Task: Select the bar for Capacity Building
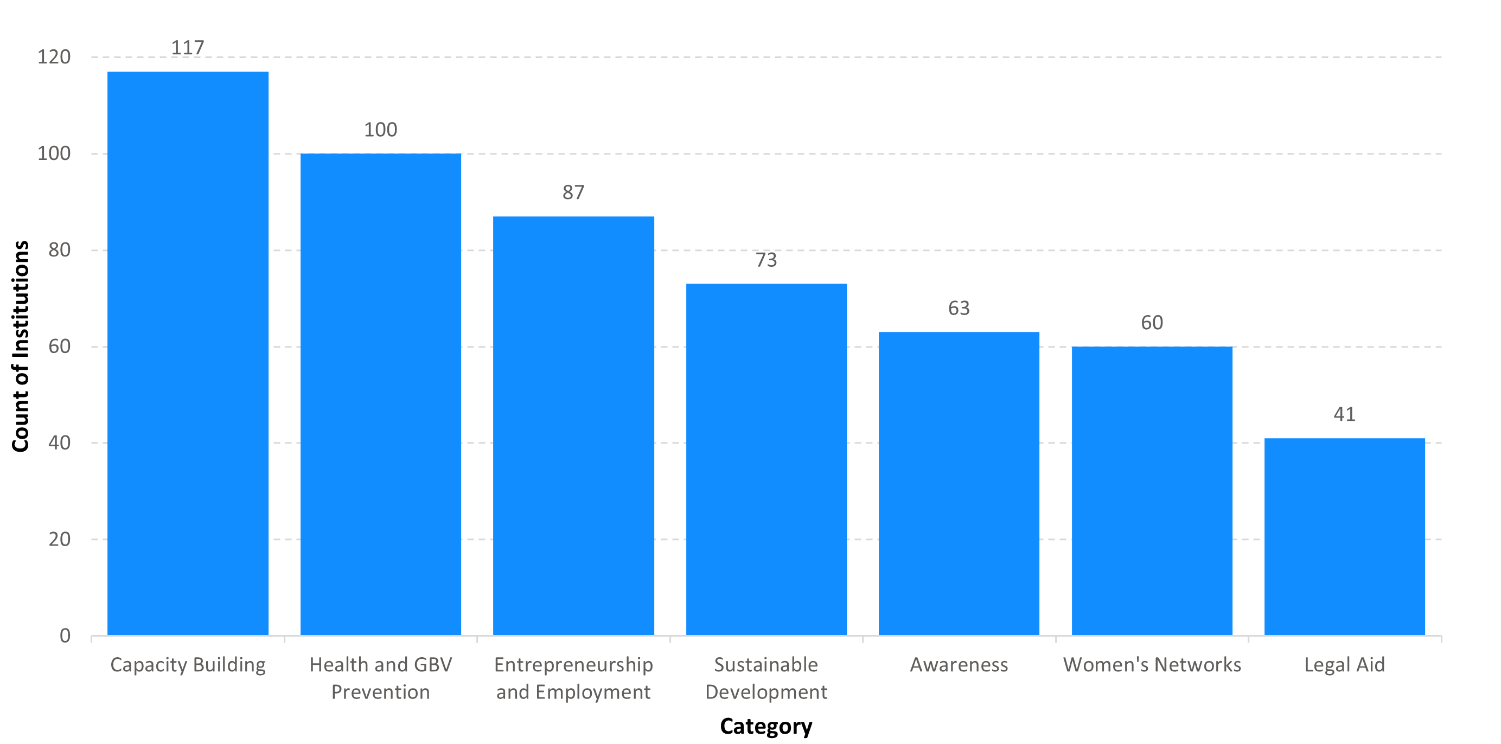pos(188,353)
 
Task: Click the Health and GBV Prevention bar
pos(380,394)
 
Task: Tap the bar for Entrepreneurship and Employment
pos(573,426)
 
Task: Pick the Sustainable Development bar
pos(767,459)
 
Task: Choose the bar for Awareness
pos(959,484)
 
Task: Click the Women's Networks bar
pos(1152,491)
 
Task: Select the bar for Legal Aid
pos(1345,537)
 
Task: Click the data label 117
pos(188,48)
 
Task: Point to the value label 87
pos(573,193)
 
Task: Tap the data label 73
pos(767,260)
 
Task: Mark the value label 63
pos(959,308)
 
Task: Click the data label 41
pos(1345,414)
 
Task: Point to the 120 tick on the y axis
pos(54,57)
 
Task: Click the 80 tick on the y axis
pos(60,250)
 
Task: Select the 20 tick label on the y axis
pos(60,540)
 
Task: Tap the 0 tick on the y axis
pos(65,636)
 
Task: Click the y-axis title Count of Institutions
pos(21,347)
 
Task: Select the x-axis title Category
pos(767,727)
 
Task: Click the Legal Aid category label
pos(1345,665)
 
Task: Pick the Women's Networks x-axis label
pos(1152,665)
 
